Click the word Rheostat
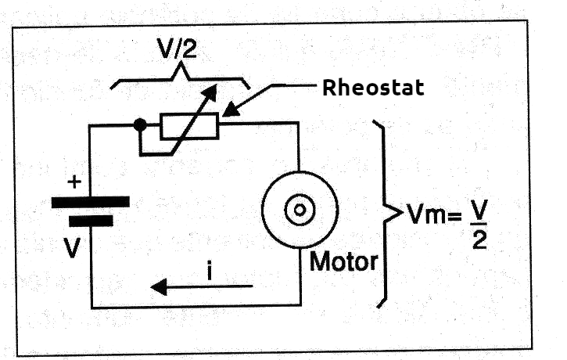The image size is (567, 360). point(373,87)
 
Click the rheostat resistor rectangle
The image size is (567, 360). point(189,125)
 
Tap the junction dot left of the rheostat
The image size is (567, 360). point(140,124)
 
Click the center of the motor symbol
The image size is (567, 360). point(298,209)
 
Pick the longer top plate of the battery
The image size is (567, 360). point(90,201)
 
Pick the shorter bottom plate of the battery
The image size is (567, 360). point(91,221)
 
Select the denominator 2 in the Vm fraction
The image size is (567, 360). point(479,238)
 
